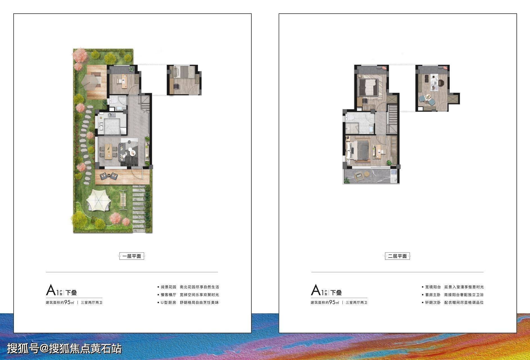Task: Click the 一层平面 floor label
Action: [132, 256]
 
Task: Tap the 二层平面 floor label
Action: [397, 256]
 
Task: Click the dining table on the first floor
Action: [108, 151]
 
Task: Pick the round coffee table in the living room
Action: [132, 152]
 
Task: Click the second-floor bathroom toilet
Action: [350, 118]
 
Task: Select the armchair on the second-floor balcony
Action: [358, 176]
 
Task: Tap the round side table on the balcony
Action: [367, 174]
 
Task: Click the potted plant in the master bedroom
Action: [389, 163]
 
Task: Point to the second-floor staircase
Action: [393, 118]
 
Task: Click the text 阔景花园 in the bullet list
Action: [169, 287]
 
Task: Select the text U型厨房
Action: [168, 303]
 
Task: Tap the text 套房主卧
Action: [433, 295]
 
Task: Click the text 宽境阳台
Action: [433, 287]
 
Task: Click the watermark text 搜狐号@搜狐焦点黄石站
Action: [64, 349]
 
